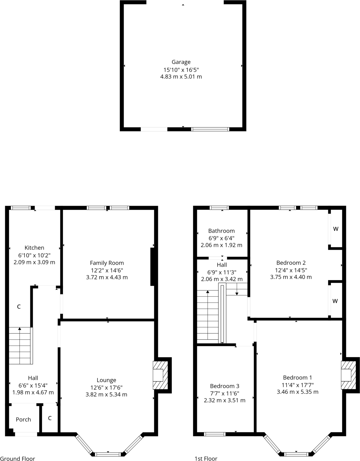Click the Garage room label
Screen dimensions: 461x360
click(x=181, y=62)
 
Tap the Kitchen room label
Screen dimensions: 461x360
click(x=34, y=248)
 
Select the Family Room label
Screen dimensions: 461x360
click(x=107, y=263)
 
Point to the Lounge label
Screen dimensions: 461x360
click(x=106, y=380)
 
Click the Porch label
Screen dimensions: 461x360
click(x=23, y=419)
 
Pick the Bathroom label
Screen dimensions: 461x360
click(x=221, y=231)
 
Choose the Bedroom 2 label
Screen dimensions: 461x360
click(x=291, y=263)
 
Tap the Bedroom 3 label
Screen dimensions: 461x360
click(x=225, y=386)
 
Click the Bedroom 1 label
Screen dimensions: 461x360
click(x=297, y=377)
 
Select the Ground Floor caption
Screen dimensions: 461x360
click(x=18, y=459)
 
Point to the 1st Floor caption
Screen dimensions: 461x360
click(x=206, y=459)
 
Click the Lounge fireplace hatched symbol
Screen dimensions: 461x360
click(x=160, y=375)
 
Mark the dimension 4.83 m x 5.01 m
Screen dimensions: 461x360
click(x=181, y=77)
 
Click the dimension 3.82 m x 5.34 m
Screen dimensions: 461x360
click(x=106, y=395)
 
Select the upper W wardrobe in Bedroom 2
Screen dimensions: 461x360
click(x=336, y=229)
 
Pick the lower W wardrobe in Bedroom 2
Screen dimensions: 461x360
click(x=335, y=301)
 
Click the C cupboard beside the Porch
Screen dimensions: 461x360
click(x=50, y=418)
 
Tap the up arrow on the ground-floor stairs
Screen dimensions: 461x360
click(x=19, y=329)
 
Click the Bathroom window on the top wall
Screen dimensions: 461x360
click(x=219, y=208)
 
